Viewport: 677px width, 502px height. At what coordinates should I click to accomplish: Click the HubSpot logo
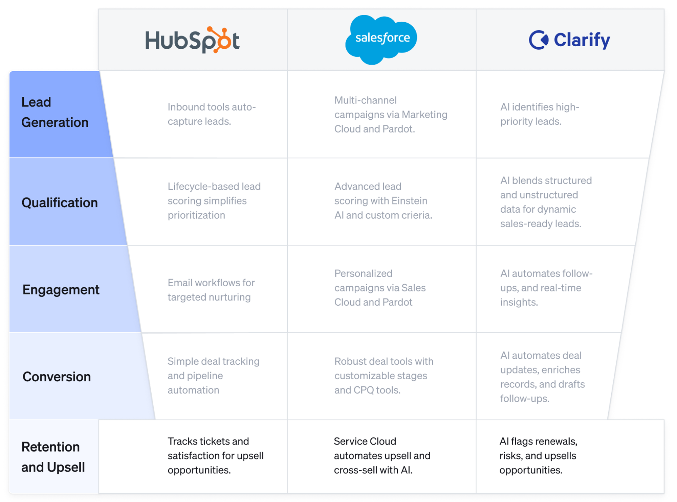pos(192,40)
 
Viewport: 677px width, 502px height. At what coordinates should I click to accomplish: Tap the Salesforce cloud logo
pos(381,39)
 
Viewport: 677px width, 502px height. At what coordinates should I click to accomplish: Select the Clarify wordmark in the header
pos(582,40)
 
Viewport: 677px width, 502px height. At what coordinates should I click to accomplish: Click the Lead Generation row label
pos(55,112)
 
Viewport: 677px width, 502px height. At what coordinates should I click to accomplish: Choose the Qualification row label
pos(60,202)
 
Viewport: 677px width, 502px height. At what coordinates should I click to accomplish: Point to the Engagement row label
pos(61,290)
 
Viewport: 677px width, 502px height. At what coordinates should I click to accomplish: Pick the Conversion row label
pos(57,377)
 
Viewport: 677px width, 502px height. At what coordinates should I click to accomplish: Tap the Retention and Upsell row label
pos(53,457)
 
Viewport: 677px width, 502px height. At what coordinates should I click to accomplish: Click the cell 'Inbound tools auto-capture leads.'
pos(212,114)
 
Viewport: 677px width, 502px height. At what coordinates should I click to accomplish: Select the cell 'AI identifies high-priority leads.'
pos(540,114)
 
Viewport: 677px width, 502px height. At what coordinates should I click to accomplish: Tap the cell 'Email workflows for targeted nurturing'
pos(211,290)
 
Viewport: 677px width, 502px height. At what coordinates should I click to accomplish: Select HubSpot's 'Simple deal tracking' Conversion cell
pos(213,376)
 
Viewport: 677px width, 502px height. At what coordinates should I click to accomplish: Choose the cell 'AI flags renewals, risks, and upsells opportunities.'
pos(538,456)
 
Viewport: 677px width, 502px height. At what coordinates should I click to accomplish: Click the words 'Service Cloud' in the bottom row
pos(365,441)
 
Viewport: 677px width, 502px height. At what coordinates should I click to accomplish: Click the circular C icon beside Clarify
pos(538,40)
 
